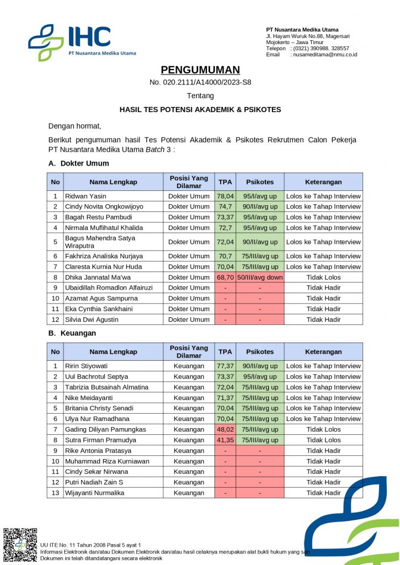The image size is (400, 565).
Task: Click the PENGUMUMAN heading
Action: click(200, 70)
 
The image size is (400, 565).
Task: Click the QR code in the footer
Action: click(20, 545)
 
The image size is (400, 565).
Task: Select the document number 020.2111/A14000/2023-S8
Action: click(200, 83)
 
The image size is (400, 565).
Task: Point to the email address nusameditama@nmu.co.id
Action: click(325, 55)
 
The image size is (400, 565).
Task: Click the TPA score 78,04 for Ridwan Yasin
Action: click(225, 196)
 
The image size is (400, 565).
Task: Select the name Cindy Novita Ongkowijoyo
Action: click(104, 207)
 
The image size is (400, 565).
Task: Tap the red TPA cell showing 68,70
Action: click(225, 278)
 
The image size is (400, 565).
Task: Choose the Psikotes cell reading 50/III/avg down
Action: click(260, 278)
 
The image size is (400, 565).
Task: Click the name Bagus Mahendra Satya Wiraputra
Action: click(100, 242)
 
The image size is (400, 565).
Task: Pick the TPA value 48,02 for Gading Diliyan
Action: click(225, 430)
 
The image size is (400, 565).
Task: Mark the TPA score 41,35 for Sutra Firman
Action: click(225, 440)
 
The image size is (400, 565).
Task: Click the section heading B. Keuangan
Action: click(72, 333)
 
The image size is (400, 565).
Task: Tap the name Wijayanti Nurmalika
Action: click(94, 493)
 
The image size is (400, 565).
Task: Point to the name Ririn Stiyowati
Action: click(87, 366)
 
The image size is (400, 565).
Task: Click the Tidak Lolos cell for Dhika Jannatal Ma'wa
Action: click(323, 278)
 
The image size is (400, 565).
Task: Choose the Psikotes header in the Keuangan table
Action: click(260, 352)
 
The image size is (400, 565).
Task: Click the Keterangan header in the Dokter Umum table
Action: click(323, 182)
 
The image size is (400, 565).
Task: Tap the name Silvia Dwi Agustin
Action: click(92, 319)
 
